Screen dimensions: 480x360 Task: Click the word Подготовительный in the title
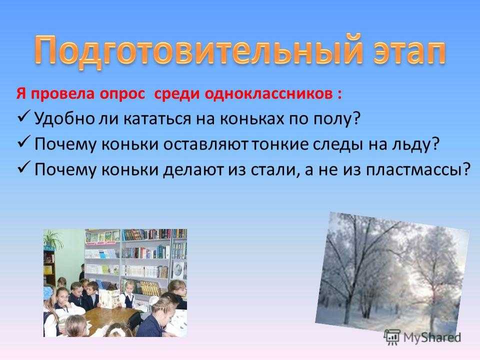point(198,51)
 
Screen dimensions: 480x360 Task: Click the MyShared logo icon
point(392,337)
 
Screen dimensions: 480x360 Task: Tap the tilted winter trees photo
point(392,272)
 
